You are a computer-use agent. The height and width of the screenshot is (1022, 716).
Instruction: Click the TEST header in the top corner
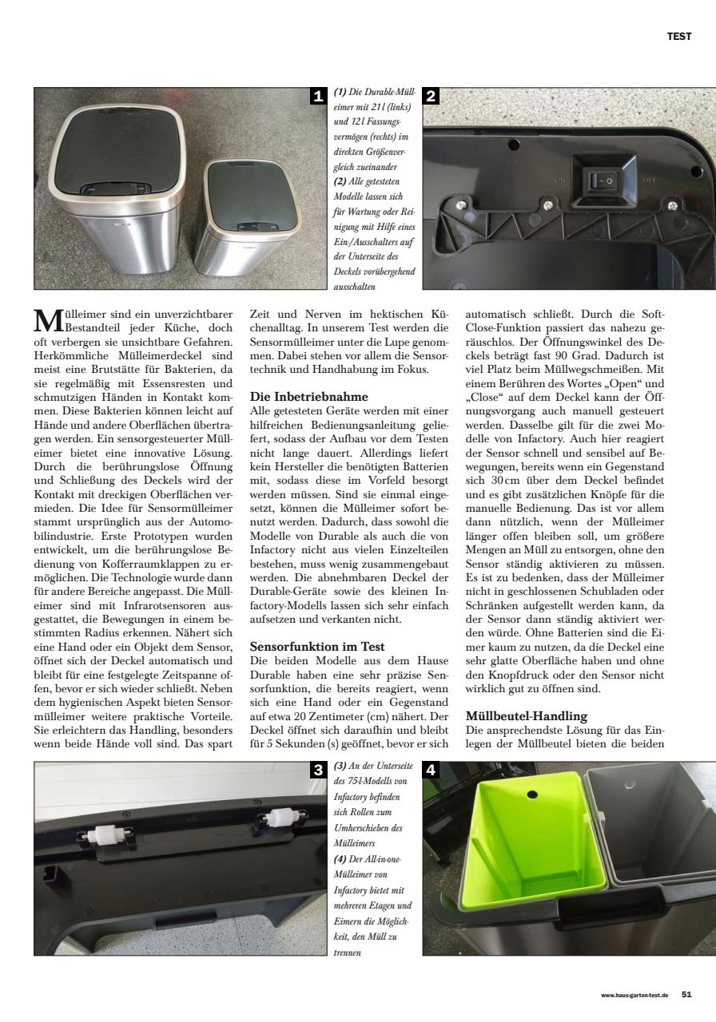679,36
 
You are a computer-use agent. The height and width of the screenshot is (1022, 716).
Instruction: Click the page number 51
686,994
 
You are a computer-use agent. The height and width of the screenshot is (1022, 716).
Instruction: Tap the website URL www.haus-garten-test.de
634,995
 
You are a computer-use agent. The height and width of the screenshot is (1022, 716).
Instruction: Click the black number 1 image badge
319,97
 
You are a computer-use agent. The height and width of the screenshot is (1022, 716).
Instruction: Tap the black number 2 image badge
431,97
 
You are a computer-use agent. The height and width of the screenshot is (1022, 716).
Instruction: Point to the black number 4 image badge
431,770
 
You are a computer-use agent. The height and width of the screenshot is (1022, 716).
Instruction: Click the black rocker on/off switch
601,181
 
